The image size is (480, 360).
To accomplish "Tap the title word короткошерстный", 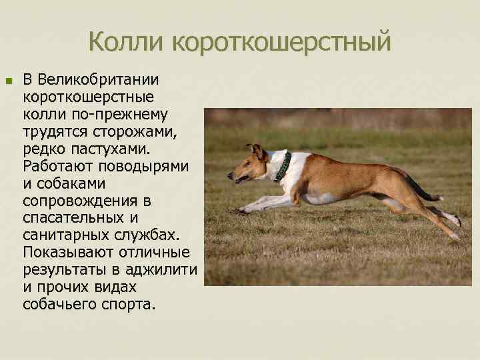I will pos(281,44).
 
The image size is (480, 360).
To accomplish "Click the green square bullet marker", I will pos(9,81).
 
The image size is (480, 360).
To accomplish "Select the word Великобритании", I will pos(98,80).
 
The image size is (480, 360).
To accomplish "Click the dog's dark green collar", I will pos(283,167).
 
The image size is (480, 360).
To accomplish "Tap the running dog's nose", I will pos(229,177).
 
